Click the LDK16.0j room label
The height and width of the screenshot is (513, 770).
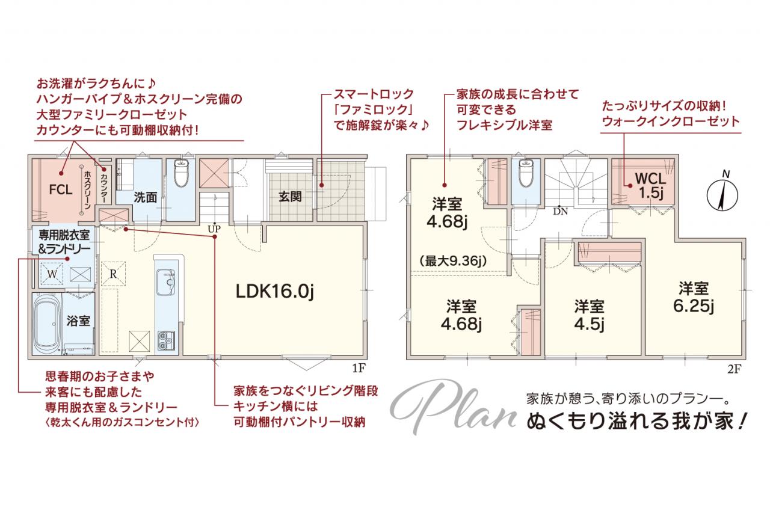tap(275, 291)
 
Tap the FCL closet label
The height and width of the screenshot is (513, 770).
tap(61, 189)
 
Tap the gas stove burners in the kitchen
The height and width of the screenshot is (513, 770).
tap(166, 340)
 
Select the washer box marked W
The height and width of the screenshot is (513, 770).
tap(52, 274)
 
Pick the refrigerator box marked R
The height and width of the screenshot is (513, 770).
tap(113, 274)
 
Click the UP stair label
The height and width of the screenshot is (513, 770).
tap(214, 229)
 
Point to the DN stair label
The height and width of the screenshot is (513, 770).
tap(560, 211)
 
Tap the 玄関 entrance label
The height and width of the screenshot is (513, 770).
tap(291, 197)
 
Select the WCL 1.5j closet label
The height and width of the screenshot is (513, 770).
tap(650, 186)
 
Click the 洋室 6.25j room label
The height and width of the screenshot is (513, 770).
tap(694, 297)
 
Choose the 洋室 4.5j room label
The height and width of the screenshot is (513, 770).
tap(589, 315)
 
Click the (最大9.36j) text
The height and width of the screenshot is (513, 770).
tap(453, 262)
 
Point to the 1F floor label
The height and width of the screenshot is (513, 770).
tap(359, 368)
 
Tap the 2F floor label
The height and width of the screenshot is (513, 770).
tap(734, 369)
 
